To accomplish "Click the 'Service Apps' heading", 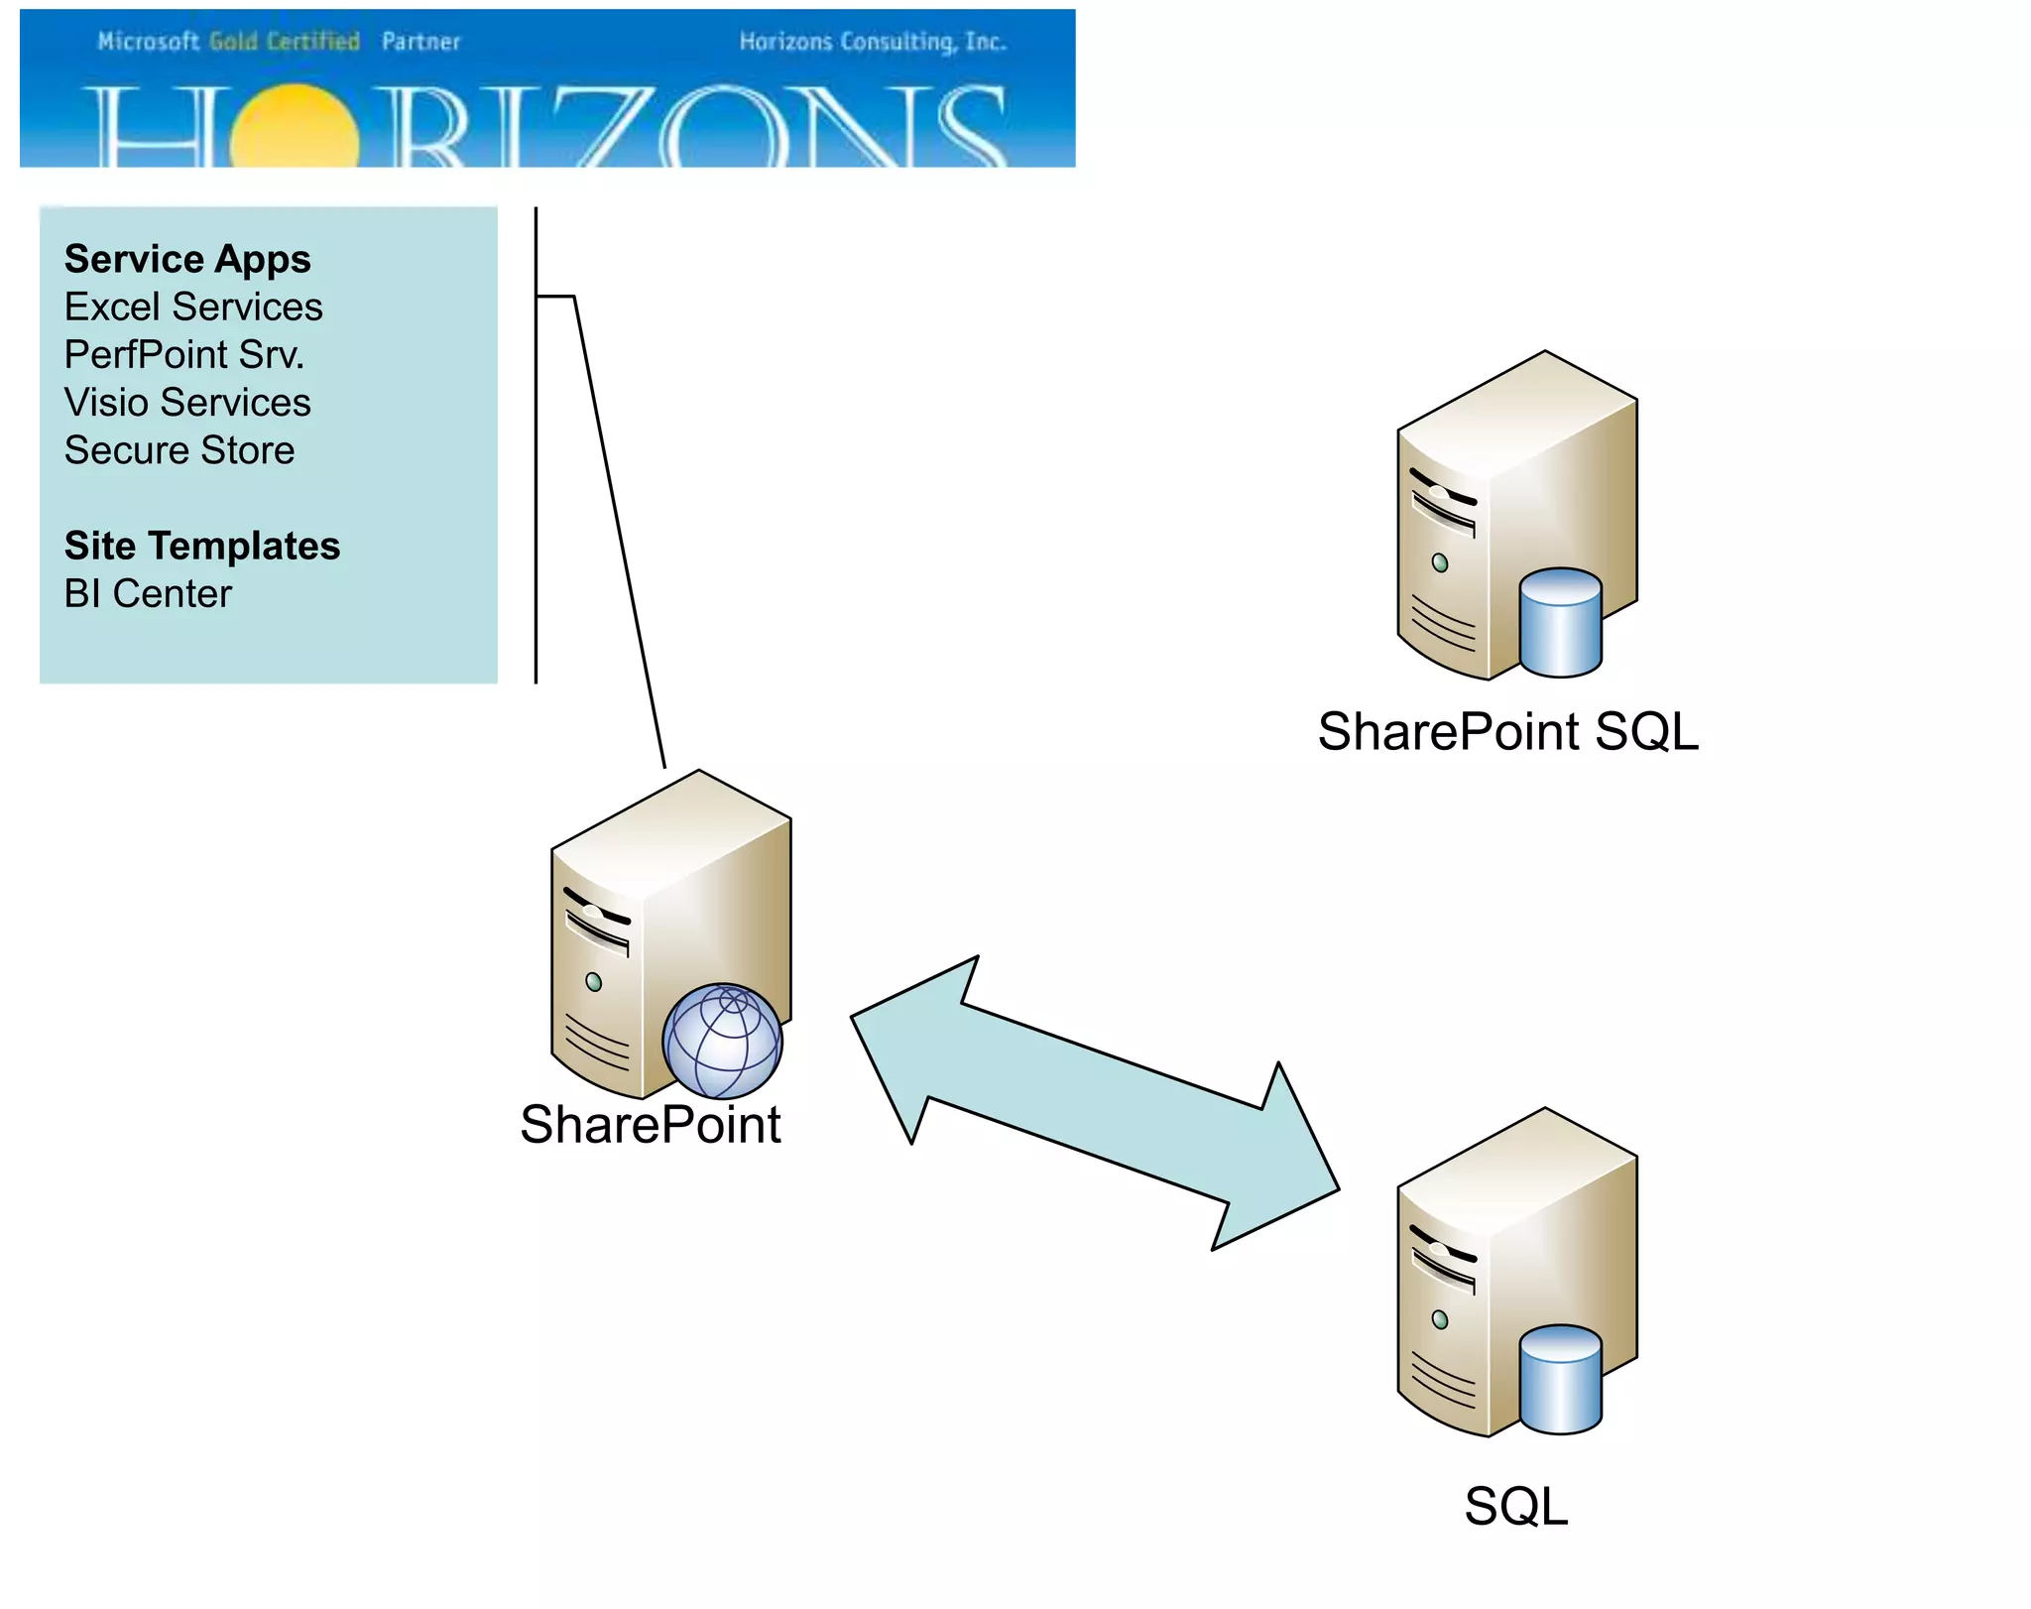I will pos(187,260).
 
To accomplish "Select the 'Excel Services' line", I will pos(193,308).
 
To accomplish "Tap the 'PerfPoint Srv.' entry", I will pos(184,355).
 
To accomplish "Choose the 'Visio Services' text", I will pos(187,403).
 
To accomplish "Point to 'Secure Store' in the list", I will pos(179,450).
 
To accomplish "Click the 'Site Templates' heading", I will pos(202,547).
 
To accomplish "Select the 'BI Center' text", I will pos(148,594).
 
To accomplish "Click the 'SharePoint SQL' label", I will pos(1507,732).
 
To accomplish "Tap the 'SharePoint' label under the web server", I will pos(651,1125).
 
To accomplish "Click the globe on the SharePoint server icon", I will pos(722,1042).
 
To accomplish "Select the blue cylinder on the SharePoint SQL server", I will pos(1560,623).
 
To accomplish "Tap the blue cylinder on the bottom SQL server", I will pos(1560,1380).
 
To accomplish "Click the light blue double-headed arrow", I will pos(1095,1101).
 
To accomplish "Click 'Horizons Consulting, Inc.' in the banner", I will pos(873,42).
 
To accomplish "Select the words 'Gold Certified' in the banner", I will pos(285,42).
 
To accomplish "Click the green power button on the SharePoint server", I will pos(593,982).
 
